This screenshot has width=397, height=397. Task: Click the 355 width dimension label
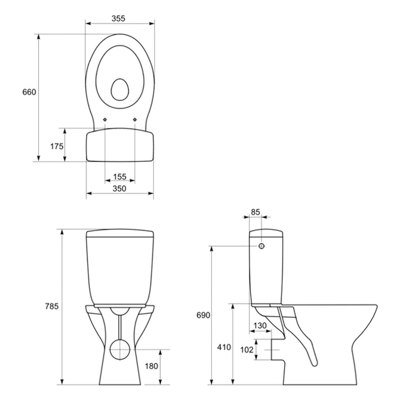pos(118,19)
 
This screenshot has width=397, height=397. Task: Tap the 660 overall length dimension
pos(29,92)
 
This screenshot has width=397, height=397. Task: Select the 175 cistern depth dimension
pos(57,146)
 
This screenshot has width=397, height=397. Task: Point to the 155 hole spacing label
pos(119,177)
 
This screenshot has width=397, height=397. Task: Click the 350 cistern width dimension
pos(119,189)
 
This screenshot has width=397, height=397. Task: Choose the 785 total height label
pos(52,306)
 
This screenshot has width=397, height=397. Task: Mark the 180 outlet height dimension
pos(151,366)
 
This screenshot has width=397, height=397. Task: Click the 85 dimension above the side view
pos(255,212)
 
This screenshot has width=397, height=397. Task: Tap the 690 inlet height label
pos(203,315)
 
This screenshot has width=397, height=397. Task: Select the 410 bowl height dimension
pos(224,347)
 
